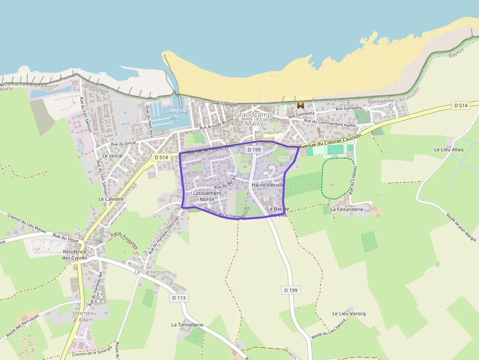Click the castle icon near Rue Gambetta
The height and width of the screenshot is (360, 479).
coord(301,106)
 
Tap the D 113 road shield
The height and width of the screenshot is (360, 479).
coord(179,297)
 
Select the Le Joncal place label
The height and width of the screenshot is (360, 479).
coord(112,156)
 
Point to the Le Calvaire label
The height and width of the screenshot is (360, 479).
coord(111,199)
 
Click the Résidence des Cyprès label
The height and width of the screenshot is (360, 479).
coord(74,254)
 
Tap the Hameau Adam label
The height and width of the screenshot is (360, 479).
coord(86,316)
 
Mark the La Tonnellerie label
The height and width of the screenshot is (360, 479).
coord(187,324)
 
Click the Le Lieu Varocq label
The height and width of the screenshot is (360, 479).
coord(349,313)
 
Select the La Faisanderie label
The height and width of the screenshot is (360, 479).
coord(347,209)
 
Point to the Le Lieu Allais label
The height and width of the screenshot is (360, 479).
coord(449,149)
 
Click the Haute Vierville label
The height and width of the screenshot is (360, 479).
coord(268,185)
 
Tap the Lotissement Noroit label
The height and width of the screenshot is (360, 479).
coord(207,196)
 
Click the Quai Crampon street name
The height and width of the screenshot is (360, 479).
coord(224,105)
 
